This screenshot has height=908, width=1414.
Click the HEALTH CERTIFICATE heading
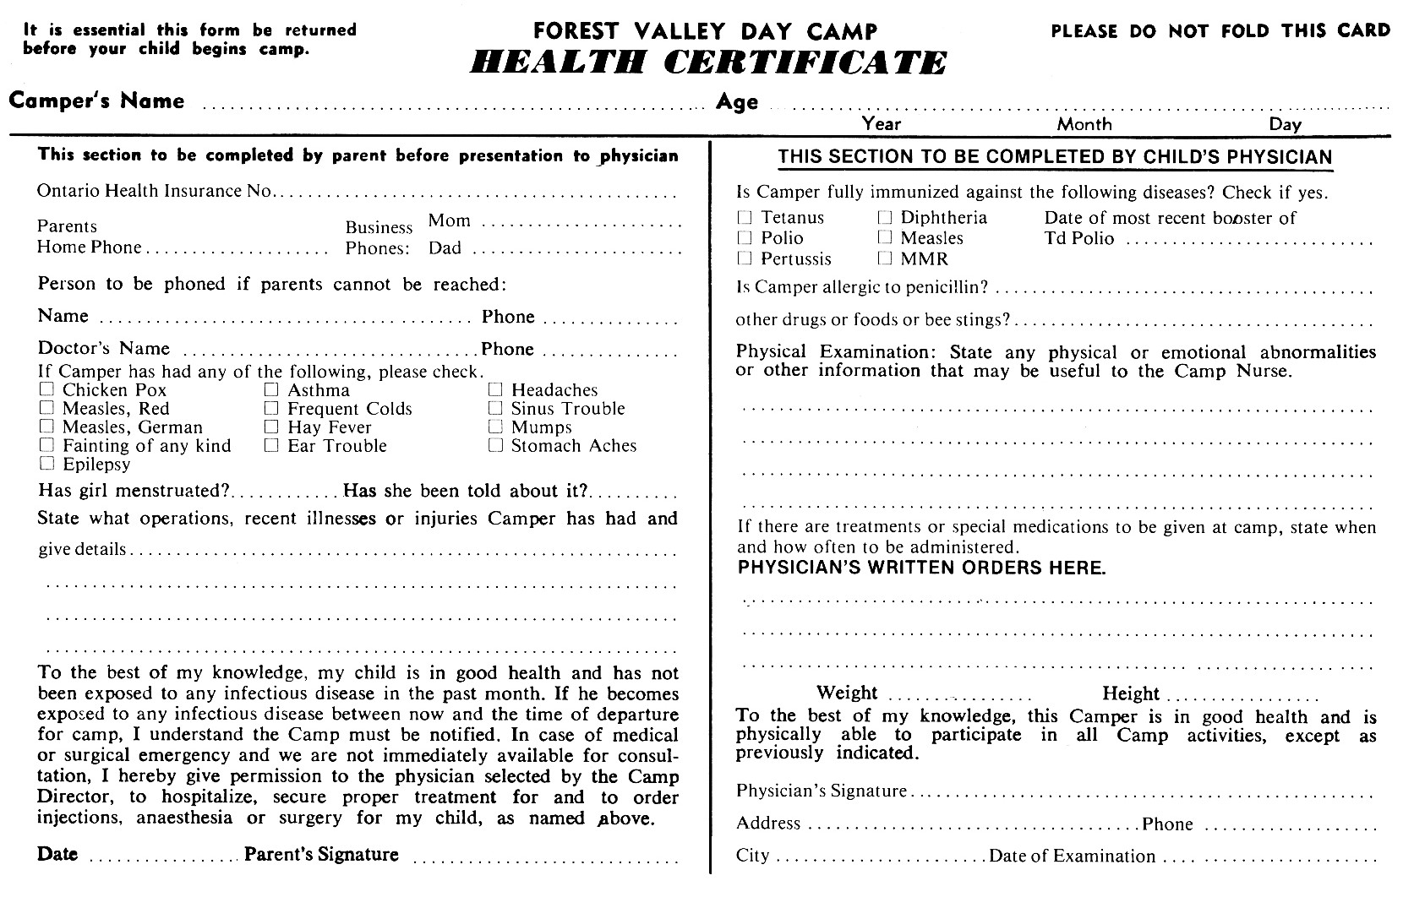pos(708,63)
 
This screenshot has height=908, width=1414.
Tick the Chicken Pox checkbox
pos(47,389)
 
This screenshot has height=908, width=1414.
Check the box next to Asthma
pos(271,389)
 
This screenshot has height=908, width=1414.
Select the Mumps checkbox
pos(495,427)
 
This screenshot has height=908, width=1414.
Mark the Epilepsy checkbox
pos(47,464)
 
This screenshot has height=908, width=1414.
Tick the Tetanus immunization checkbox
pos(745,217)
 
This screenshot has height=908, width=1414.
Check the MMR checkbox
pos(885,258)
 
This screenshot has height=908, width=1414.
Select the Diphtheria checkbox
pos(885,217)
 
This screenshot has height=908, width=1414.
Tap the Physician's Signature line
pos(1141,795)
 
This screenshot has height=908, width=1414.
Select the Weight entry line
pos(960,698)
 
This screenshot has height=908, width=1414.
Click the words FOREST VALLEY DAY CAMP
pos(706,32)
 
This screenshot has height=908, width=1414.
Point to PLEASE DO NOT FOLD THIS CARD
pos(1220,31)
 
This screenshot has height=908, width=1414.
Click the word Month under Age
pos(1084,124)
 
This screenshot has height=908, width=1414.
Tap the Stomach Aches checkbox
pos(495,445)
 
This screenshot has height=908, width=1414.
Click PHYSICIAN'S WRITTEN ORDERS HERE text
pos(921,568)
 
